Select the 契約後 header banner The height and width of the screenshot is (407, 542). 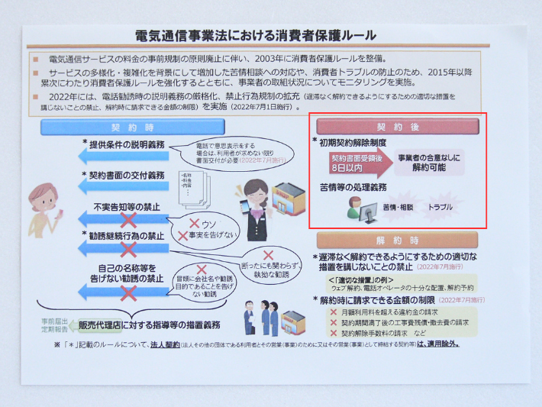click(397, 126)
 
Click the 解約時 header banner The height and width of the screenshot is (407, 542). click(397, 239)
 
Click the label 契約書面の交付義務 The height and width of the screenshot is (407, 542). click(127, 176)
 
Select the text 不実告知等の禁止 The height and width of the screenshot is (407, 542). click(128, 207)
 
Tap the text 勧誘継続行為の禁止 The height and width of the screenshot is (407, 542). click(127, 237)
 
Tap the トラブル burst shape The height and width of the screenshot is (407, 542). click(440, 207)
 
